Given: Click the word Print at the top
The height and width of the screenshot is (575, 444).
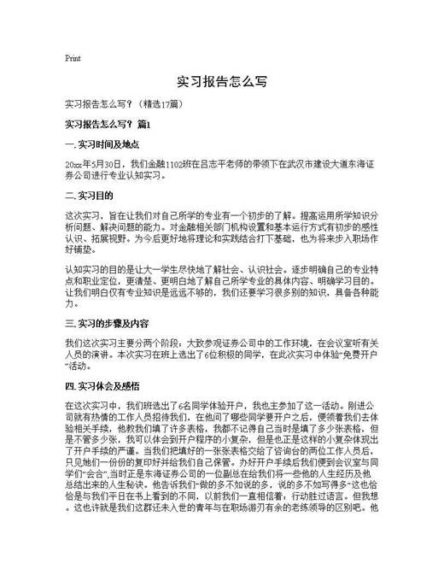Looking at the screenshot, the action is coord(73,58).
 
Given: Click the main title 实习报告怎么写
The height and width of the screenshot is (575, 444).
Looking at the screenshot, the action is coord(222,83).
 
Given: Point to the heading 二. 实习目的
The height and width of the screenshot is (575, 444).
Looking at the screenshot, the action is coord(88,196).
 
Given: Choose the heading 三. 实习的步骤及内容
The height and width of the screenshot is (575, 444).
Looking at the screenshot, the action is coord(108,300).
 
